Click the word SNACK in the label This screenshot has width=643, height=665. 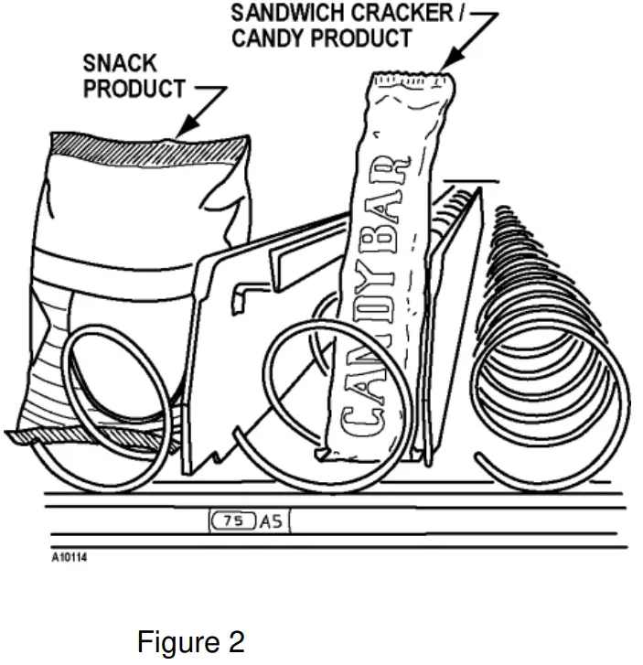pyautogui.click(x=120, y=64)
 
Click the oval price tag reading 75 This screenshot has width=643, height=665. pyautogui.click(x=233, y=521)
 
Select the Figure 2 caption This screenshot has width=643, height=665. pyautogui.click(x=190, y=642)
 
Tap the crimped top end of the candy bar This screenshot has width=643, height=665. pyautogui.click(x=411, y=85)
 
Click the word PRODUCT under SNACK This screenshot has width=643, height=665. pyautogui.click(x=134, y=90)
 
